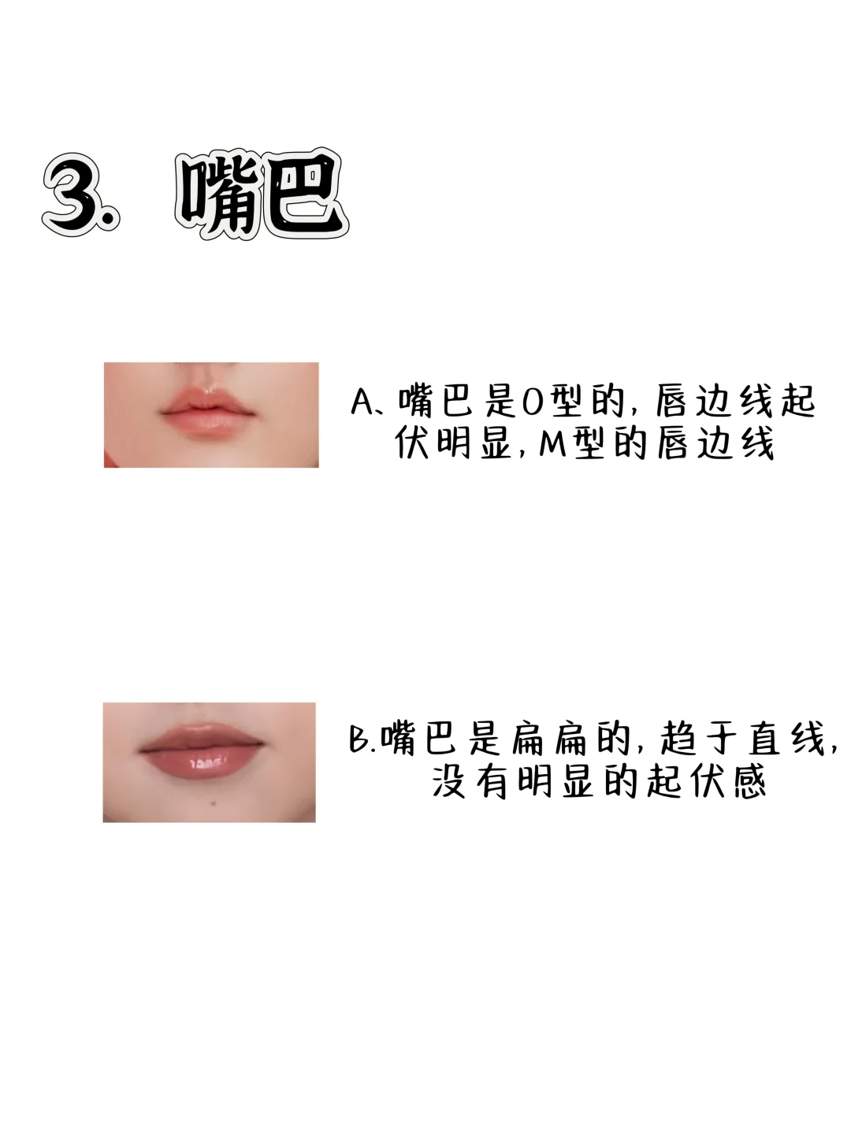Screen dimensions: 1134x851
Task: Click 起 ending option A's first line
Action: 797,402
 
